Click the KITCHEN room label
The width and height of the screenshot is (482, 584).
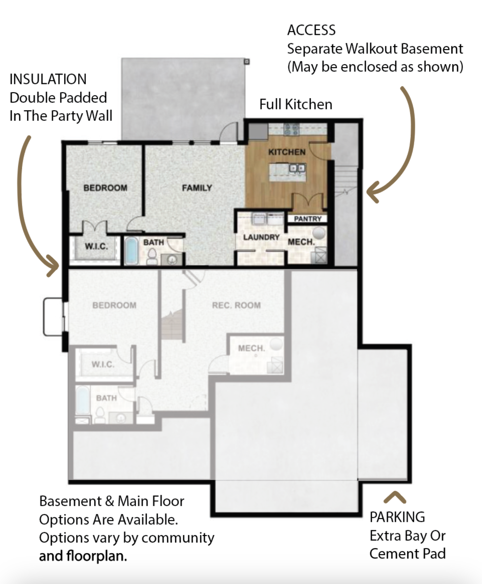(287, 152)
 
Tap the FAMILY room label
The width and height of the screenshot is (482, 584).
(197, 188)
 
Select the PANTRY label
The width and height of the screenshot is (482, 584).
(308, 219)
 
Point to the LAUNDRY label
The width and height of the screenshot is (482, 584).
(262, 237)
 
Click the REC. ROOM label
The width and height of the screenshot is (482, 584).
(236, 305)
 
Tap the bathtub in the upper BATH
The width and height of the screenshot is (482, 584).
(131, 251)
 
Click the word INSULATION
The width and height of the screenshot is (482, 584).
(48, 79)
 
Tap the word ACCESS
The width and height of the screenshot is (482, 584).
(311, 30)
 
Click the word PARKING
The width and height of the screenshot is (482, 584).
(397, 517)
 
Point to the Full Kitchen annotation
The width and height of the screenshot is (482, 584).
(296, 104)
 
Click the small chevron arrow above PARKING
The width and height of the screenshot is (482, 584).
(395, 497)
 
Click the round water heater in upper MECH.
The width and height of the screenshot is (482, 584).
(319, 232)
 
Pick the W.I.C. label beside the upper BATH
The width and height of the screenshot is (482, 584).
(96, 246)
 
